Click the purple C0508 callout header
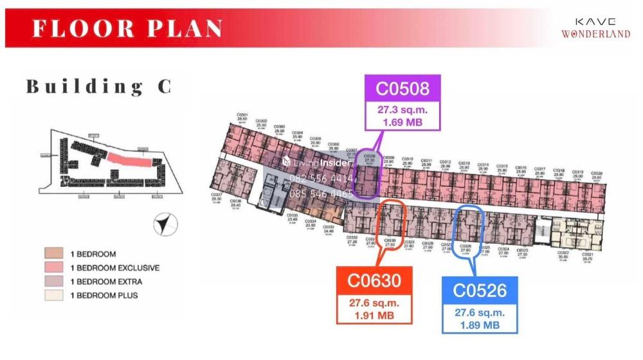point(404,87)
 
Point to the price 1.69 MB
point(404,120)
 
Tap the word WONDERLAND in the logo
point(595,34)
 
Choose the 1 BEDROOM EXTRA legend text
point(106,282)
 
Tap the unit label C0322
point(563,253)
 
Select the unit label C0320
point(597,173)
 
